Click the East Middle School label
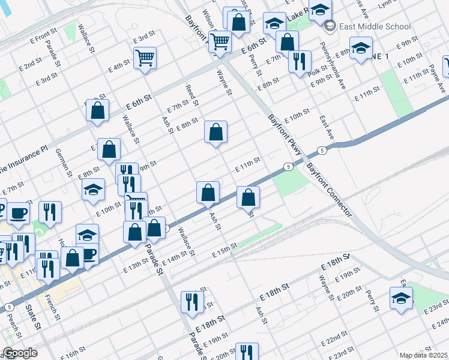point(375,26)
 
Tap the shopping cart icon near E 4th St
point(145,58)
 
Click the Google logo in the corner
point(20,353)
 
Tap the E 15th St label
point(226,251)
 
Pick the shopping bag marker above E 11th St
point(215,132)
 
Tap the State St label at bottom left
point(34,317)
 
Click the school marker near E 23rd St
point(401,297)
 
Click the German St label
point(64,163)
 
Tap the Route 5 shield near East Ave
point(323,151)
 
